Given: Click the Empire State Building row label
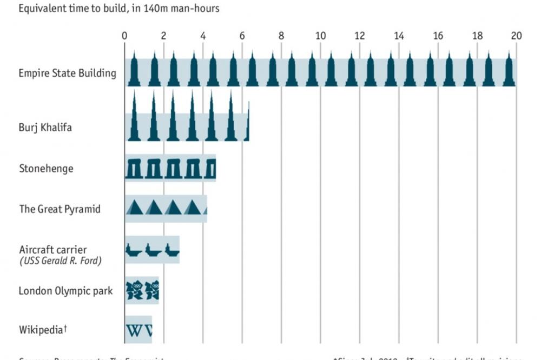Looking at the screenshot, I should pyautogui.click(x=68, y=73).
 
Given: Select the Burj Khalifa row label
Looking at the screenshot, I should pyautogui.click(x=45, y=128).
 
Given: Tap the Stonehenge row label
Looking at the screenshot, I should pyautogui.click(x=46, y=168).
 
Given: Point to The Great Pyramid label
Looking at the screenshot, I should pyautogui.click(x=60, y=209).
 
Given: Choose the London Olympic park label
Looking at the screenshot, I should pyautogui.click(x=65, y=291).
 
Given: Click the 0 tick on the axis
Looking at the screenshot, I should pyautogui.click(x=125, y=36).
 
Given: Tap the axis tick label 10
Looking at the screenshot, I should pyautogui.click(x=320, y=36).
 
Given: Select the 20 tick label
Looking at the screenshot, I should pyautogui.click(x=516, y=36).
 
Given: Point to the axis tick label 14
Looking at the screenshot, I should pyautogui.click(x=399, y=36).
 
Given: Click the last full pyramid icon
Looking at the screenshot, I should pyautogui.click(x=192, y=208).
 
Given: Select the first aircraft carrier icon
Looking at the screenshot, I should pyautogui.click(x=134, y=251).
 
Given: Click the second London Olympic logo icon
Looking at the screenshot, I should pyautogui.click(x=152, y=290).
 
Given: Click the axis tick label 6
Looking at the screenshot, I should pyautogui.click(x=242, y=36).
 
